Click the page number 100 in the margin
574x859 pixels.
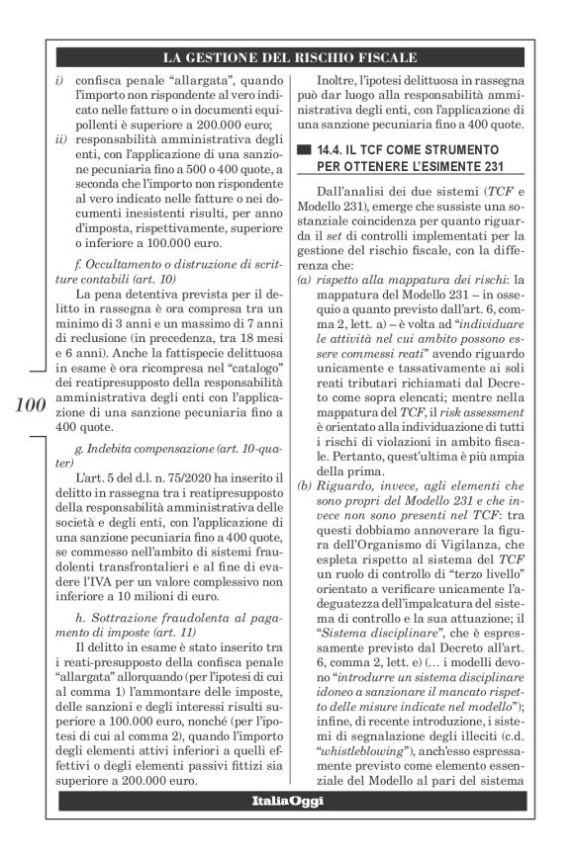tap(33, 403)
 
